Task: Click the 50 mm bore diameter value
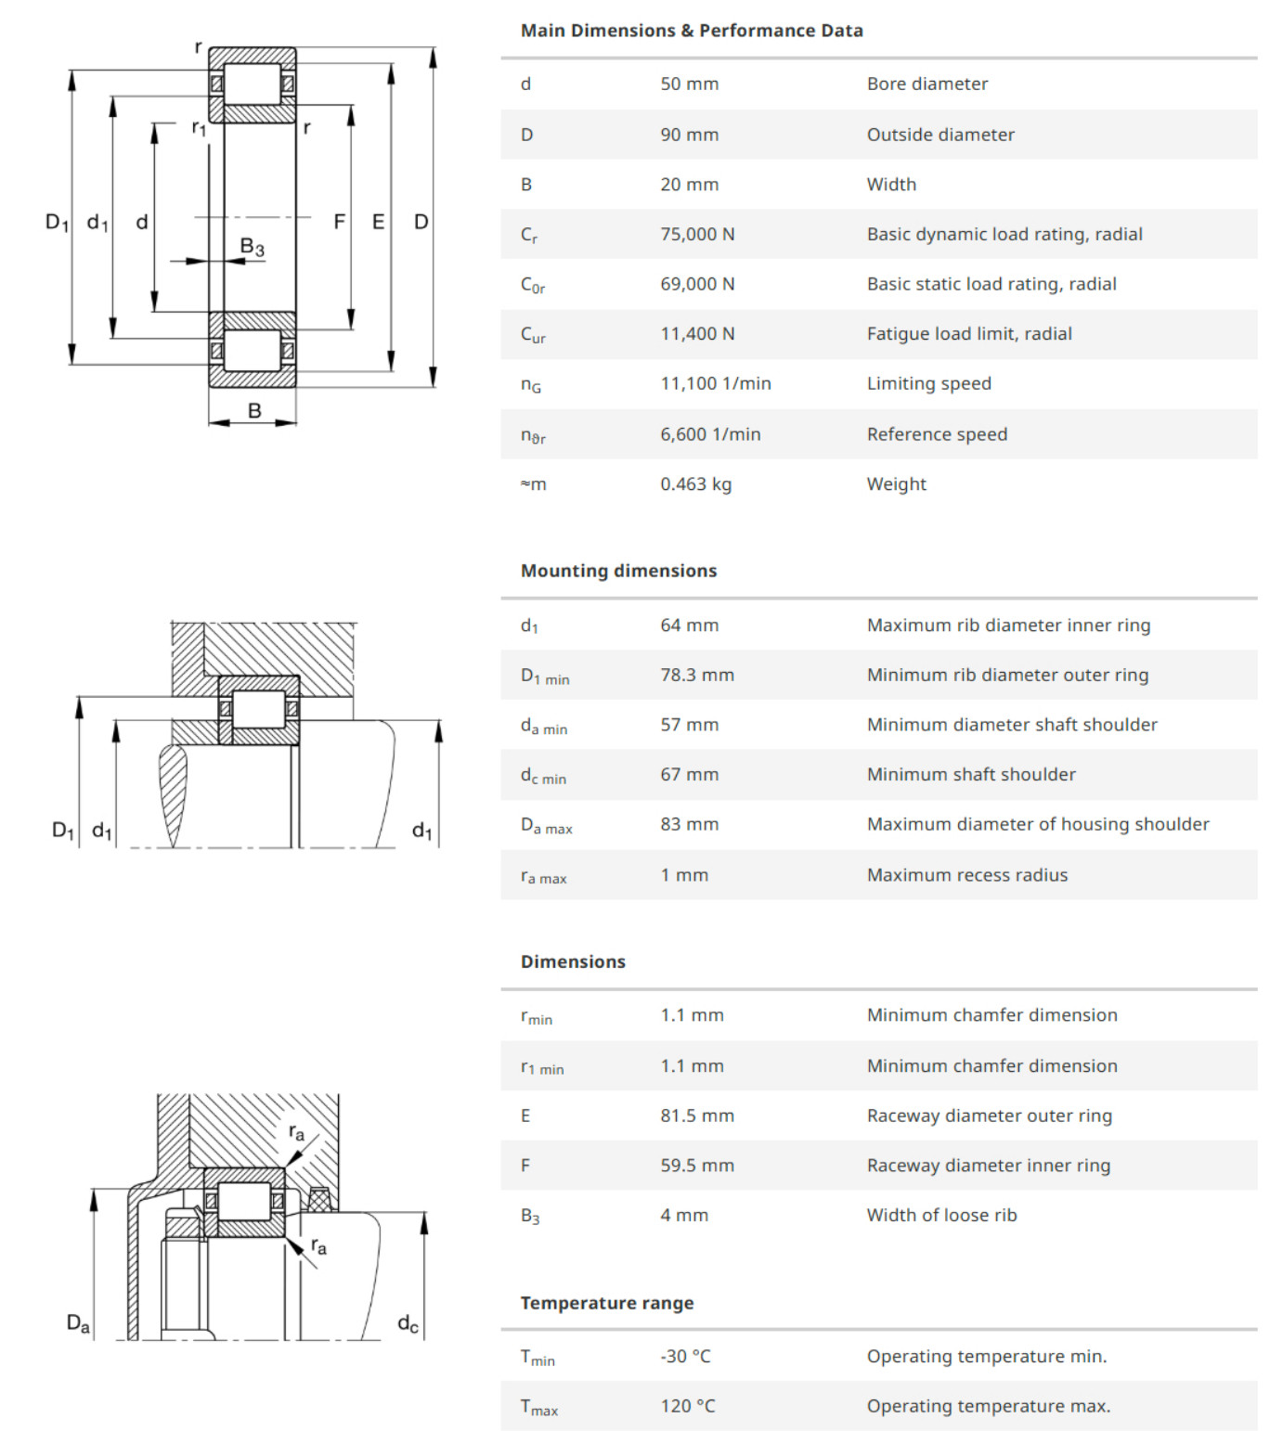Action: coord(689,84)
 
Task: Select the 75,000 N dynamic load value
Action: coord(697,234)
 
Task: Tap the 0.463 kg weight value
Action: coord(695,483)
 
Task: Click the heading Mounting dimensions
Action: coord(618,571)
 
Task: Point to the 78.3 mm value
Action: coord(696,675)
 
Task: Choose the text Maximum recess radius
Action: coord(966,874)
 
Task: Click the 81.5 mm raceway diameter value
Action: coord(696,1115)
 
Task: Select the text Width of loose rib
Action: coord(941,1215)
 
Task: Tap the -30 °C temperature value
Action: coord(685,1356)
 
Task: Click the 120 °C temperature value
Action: coord(687,1406)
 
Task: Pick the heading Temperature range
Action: coord(606,1303)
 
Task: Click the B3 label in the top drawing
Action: coord(252,247)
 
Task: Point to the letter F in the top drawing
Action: coord(339,222)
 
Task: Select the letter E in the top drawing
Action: coord(378,222)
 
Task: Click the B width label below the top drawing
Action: coord(254,411)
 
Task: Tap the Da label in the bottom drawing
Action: coord(78,1323)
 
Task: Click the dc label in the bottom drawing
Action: coord(408,1323)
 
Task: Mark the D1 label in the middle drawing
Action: coord(62,830)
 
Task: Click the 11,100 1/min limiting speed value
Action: coord(715,383)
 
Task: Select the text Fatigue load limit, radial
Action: coord(968,333)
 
